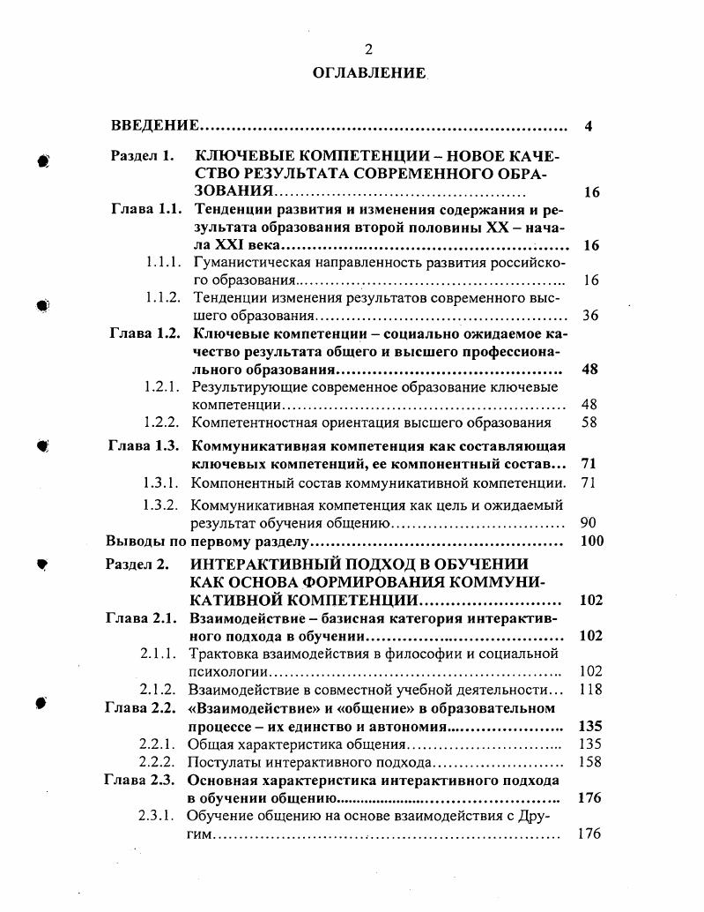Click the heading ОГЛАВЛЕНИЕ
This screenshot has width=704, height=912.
[x=368, y=72]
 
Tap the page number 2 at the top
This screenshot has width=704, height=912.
[x=368, y=49]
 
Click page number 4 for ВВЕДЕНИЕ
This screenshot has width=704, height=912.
[x=588, y=126]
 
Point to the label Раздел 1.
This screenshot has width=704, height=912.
[x=142, y=156]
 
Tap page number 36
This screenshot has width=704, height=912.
[x=590, y=315]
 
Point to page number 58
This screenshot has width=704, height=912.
[x=589, y=422]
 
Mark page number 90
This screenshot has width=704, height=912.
[x=589, y=522]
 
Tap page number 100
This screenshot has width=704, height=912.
[x=592, y=541]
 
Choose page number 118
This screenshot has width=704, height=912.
[x=589, y=690]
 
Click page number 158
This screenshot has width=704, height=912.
[x=589, y=761]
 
